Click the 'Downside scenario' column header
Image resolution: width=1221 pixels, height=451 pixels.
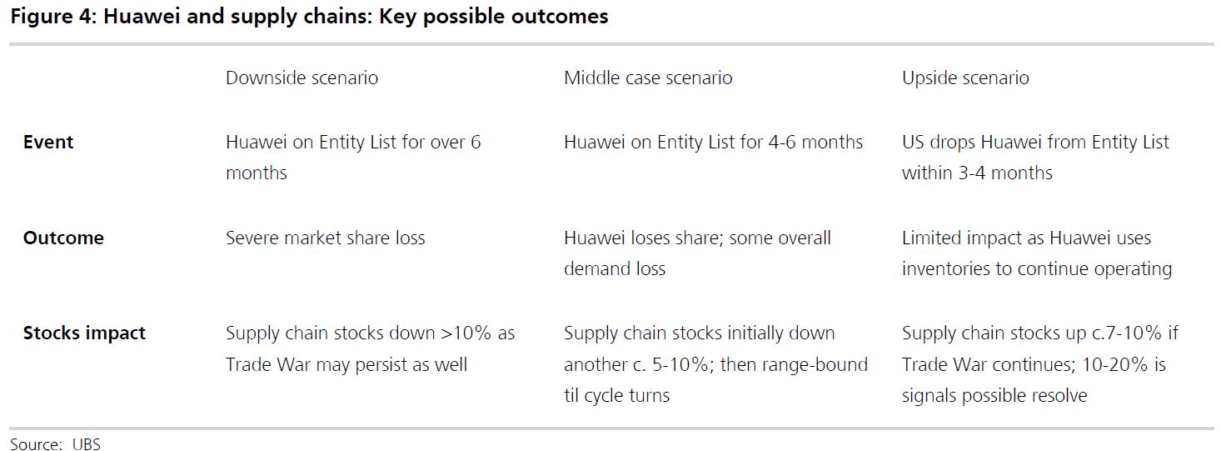coord(302,78)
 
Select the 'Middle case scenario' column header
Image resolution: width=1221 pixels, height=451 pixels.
coord(648,78)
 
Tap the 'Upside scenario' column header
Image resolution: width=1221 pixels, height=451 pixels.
coord(965,78)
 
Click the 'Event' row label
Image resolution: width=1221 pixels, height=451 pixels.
coord(48,143)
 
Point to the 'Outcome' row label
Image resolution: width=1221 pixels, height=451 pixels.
coord(63,238)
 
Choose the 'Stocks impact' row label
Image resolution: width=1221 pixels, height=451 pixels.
coord(84,333)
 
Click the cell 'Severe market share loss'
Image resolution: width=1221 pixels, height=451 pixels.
coord(325,238)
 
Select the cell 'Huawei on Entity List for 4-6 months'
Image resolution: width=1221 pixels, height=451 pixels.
coord(713,143)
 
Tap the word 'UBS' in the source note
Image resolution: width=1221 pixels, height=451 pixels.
coord(86,444)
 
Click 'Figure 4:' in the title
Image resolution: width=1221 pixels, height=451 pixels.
coord(52,17)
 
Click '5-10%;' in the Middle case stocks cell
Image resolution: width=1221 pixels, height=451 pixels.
coord(683,364)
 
